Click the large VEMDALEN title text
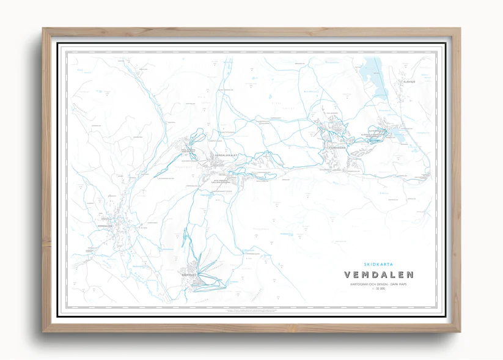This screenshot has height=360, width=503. pyautogui.click(x=379, y=274)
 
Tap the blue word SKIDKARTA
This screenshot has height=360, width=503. pyautogui.click(x=379, y=264)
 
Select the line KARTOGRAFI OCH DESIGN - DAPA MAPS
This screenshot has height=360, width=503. pyautogui.click(x=379, y=284)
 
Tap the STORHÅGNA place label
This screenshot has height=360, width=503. pyautogui.click(x=337, y=147)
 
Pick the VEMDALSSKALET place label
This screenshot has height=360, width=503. pyautogui.click(x=226, y=155)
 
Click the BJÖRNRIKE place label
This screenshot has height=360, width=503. pyautogui.click(x=191, y=276)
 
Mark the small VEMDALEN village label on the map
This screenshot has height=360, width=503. pyautogui.click(x=105, y=226)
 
